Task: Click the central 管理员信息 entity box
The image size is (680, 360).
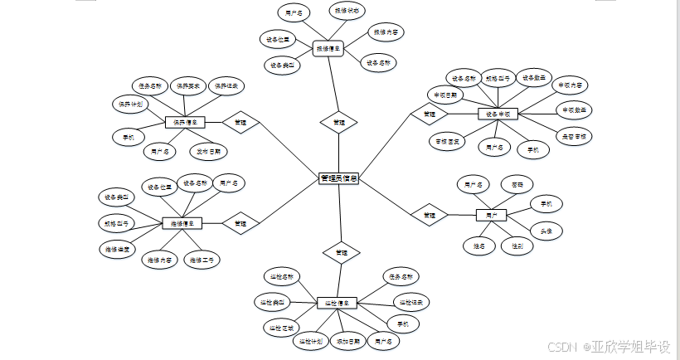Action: coord(338,178)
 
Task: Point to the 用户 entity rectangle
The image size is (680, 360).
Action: coord(491,216)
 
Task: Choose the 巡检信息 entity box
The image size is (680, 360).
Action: coord(337,303)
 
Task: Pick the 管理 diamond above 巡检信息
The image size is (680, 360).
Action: coord(340,251)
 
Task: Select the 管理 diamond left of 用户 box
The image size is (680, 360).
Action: coord(429,215)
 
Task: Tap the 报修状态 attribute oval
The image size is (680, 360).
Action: coord(344,11)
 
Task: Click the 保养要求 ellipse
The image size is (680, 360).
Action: coord(187,85)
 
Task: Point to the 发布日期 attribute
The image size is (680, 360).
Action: coord(209,151)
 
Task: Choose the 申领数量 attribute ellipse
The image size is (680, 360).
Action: coord(574,109)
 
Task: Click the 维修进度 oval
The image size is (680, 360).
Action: coord(116,248)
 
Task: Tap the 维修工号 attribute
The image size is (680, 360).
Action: coord(202,260)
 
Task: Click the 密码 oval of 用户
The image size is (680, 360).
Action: coord(517,182)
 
